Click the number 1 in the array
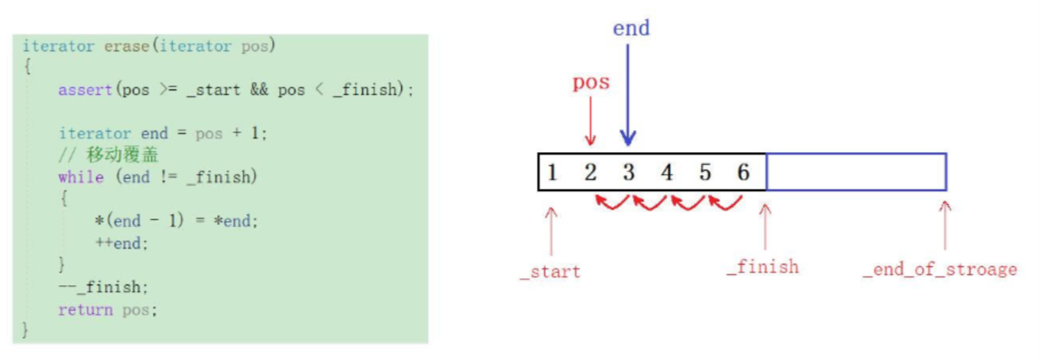pyautogui.click(x=552, y=172)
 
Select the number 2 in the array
pyautogui.click(x=590, y=172)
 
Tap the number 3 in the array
pyautogui.click(x=628, y=172)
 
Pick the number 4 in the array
pyautogui.click(x=667, y=172)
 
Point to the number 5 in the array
pyautogui.click(x=705, y=172)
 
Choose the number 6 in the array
pyautogui.click(x=743, y=172)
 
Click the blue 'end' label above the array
pyautogui.click(x=631, y=28)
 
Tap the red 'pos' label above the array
pyautogui.click(x=591, y=82)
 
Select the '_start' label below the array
pyautogui.click(x=550, y=271)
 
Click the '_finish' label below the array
pyautogui.click(x=762, y=267)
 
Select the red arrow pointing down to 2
pyautogui.click(x=589, y=122)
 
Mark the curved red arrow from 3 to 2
pyautogui.click(x=611, y=203)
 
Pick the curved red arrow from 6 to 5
pyautogui.click(x=726, y=203)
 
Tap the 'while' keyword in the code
pyautogui.click(x=80, y=177)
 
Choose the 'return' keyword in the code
pyautogui.click(x=85, y=310)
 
